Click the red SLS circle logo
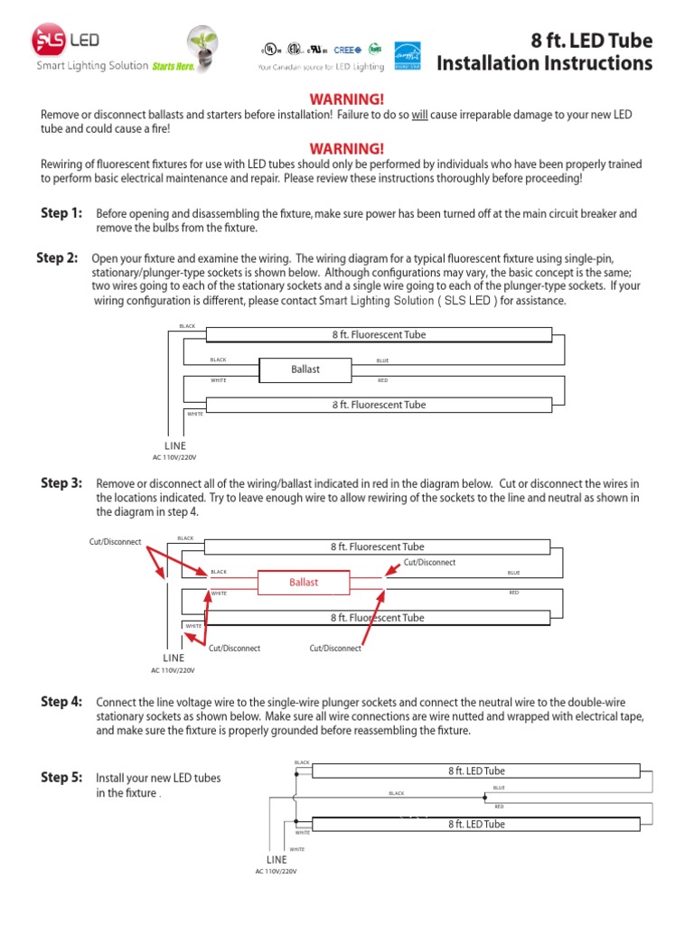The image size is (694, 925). (48, 42)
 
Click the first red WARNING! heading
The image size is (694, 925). (347, 98)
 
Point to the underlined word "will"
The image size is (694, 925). (420, 115)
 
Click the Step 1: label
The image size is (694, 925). (61, 213)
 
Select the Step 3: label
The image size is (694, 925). (61, 483)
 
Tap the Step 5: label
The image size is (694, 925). (61, 777)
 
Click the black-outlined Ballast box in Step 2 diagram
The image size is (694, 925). (305, 369)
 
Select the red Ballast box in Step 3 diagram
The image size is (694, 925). (304, 583)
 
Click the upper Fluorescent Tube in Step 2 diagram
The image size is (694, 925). (379, 335)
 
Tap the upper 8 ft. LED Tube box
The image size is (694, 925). (476, 771)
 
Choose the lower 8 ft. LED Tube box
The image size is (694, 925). (476, 824)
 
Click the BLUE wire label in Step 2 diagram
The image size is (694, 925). (383, 360)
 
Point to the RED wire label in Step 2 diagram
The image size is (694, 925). (382, 380)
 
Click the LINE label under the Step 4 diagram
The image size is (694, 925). (277, 859)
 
